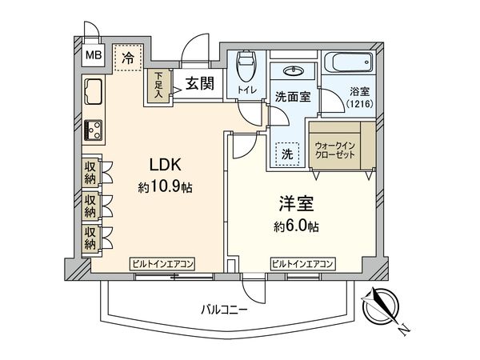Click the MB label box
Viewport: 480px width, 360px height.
point(94,56)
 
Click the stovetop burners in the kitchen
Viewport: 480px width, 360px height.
point(93,128)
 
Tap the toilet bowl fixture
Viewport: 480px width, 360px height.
point(245,65)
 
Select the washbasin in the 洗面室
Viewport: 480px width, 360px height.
point(294,68)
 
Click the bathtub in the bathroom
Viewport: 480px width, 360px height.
point(350,62)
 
